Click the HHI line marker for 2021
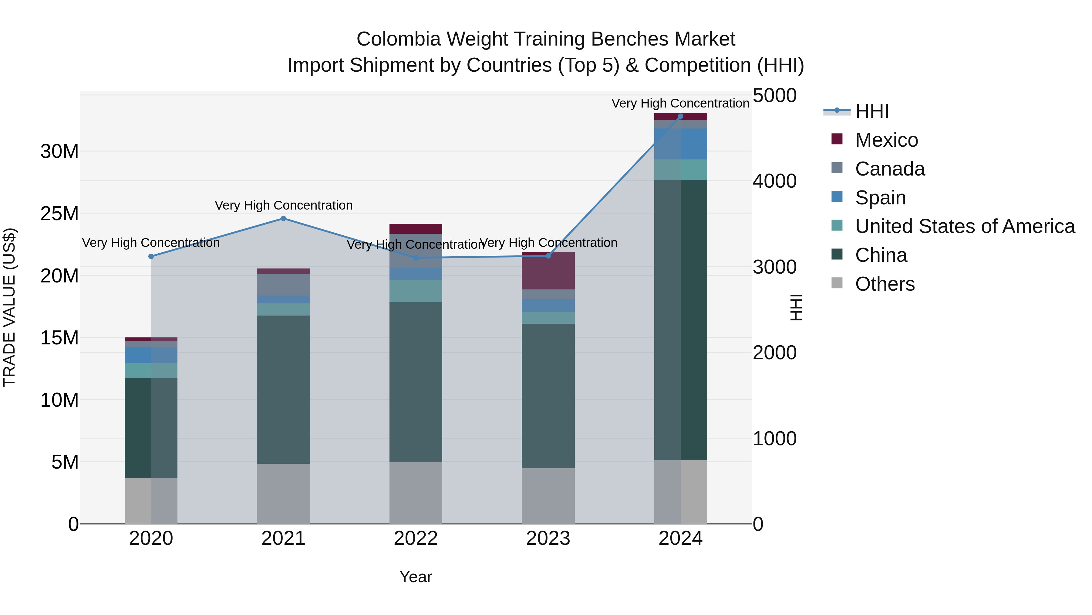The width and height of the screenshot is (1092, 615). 284,219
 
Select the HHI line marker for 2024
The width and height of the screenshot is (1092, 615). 680,116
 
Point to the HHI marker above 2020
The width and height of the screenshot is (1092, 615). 151,256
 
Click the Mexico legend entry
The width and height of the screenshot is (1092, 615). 886,140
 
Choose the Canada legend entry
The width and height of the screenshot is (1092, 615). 889,169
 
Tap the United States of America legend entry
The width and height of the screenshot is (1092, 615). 964,226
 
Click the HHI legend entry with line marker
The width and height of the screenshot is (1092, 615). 871,111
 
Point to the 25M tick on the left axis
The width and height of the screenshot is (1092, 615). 59,214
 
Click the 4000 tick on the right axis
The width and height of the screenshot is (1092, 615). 774,181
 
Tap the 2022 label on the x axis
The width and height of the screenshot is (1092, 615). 416,538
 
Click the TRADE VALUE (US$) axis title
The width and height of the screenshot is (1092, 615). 9,307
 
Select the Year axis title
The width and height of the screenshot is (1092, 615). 416,577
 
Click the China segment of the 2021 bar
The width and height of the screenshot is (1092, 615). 283,389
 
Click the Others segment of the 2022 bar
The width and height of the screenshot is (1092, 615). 416,492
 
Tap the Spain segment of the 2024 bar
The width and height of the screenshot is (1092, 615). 680,144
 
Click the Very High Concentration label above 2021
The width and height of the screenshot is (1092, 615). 284,205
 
